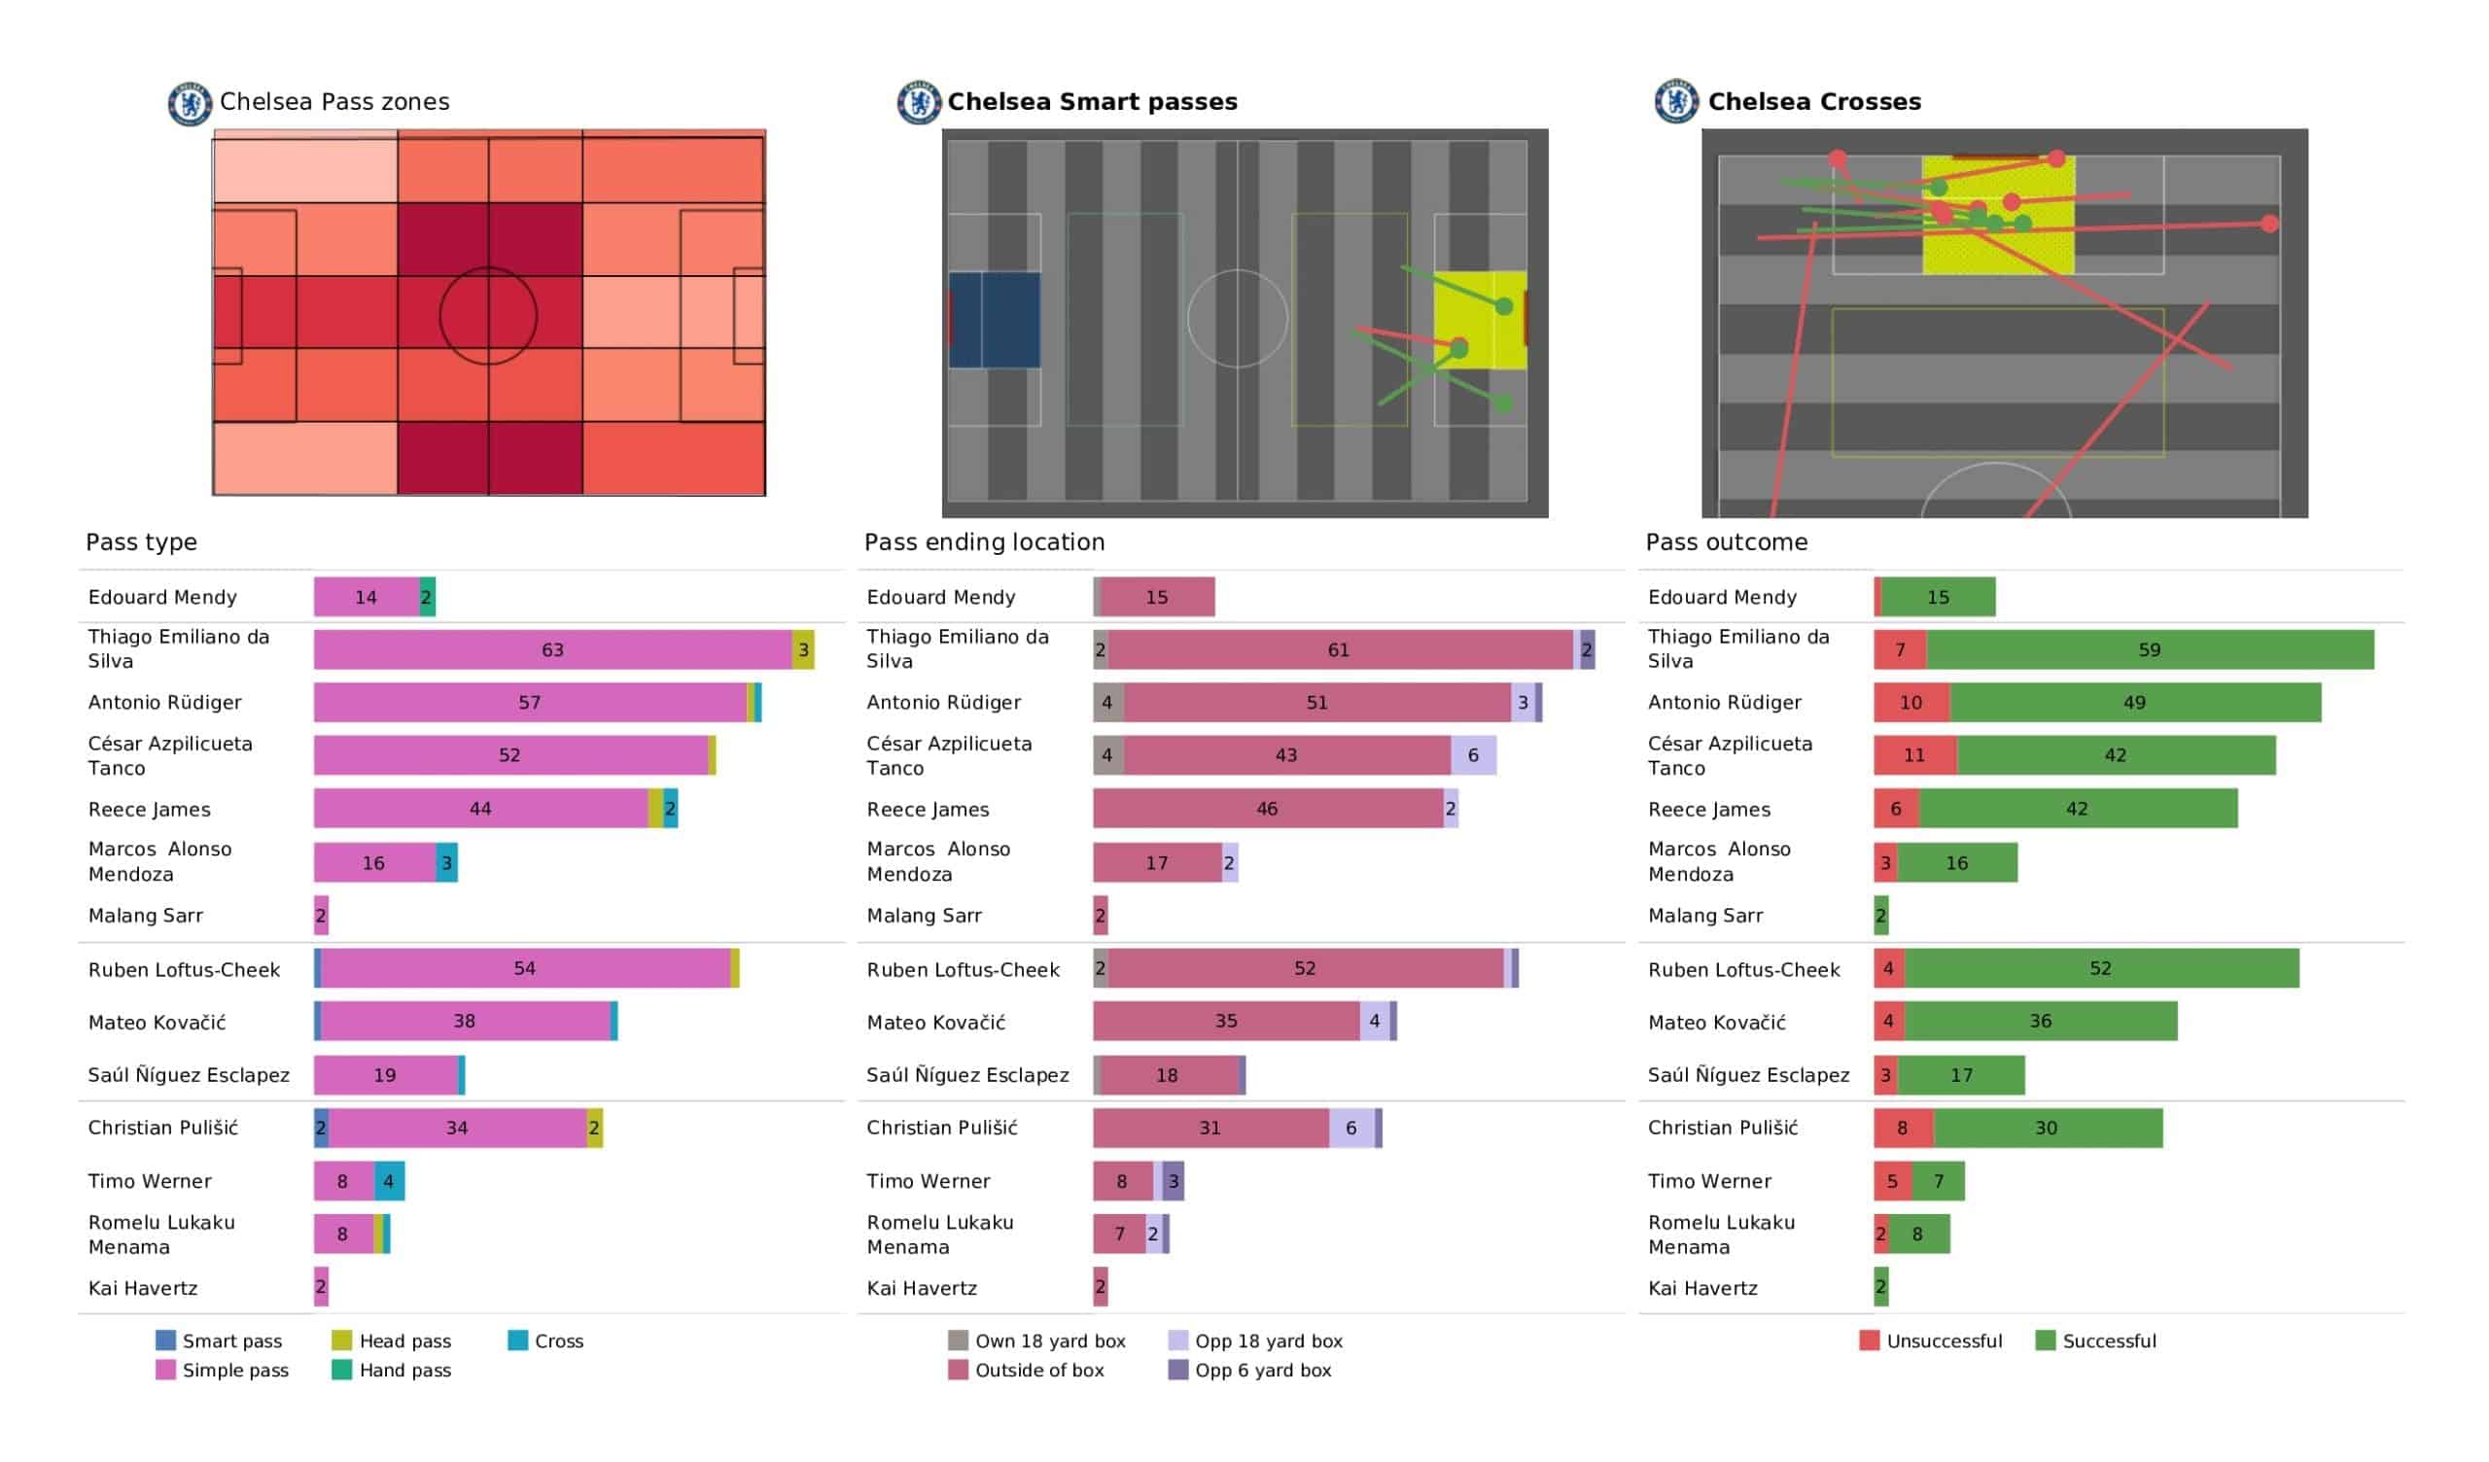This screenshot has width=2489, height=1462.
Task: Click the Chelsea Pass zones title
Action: (333, 102)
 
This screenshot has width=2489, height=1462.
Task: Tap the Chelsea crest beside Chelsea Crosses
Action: (1676, 102)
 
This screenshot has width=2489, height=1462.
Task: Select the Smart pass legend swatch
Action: (166, 1340)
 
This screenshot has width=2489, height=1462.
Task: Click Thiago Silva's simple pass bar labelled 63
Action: (552, 650)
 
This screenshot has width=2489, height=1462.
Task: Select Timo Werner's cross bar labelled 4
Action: (389, 1180)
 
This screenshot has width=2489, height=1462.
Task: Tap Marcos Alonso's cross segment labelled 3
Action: (446, 863)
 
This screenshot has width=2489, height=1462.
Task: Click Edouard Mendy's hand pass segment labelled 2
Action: (427, 597)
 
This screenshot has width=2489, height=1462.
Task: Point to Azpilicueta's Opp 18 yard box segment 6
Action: (1473, 755)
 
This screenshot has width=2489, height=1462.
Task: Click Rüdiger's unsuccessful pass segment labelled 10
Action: (1911, 703)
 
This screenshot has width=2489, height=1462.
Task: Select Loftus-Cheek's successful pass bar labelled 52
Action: (2100, 968)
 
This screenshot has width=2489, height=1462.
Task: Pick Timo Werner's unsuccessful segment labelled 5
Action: (1892, 1180)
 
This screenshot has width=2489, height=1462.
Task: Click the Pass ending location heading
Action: (984, 542)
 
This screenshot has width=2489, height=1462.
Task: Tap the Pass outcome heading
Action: (1726, 542)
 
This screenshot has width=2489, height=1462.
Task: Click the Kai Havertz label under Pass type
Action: (143, 1288)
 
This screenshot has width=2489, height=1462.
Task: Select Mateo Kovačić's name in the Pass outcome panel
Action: (1717, 1023)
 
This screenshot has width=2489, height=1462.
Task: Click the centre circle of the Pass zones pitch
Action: (488, 316)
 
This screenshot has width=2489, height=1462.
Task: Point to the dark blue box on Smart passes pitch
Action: (995, 320)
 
